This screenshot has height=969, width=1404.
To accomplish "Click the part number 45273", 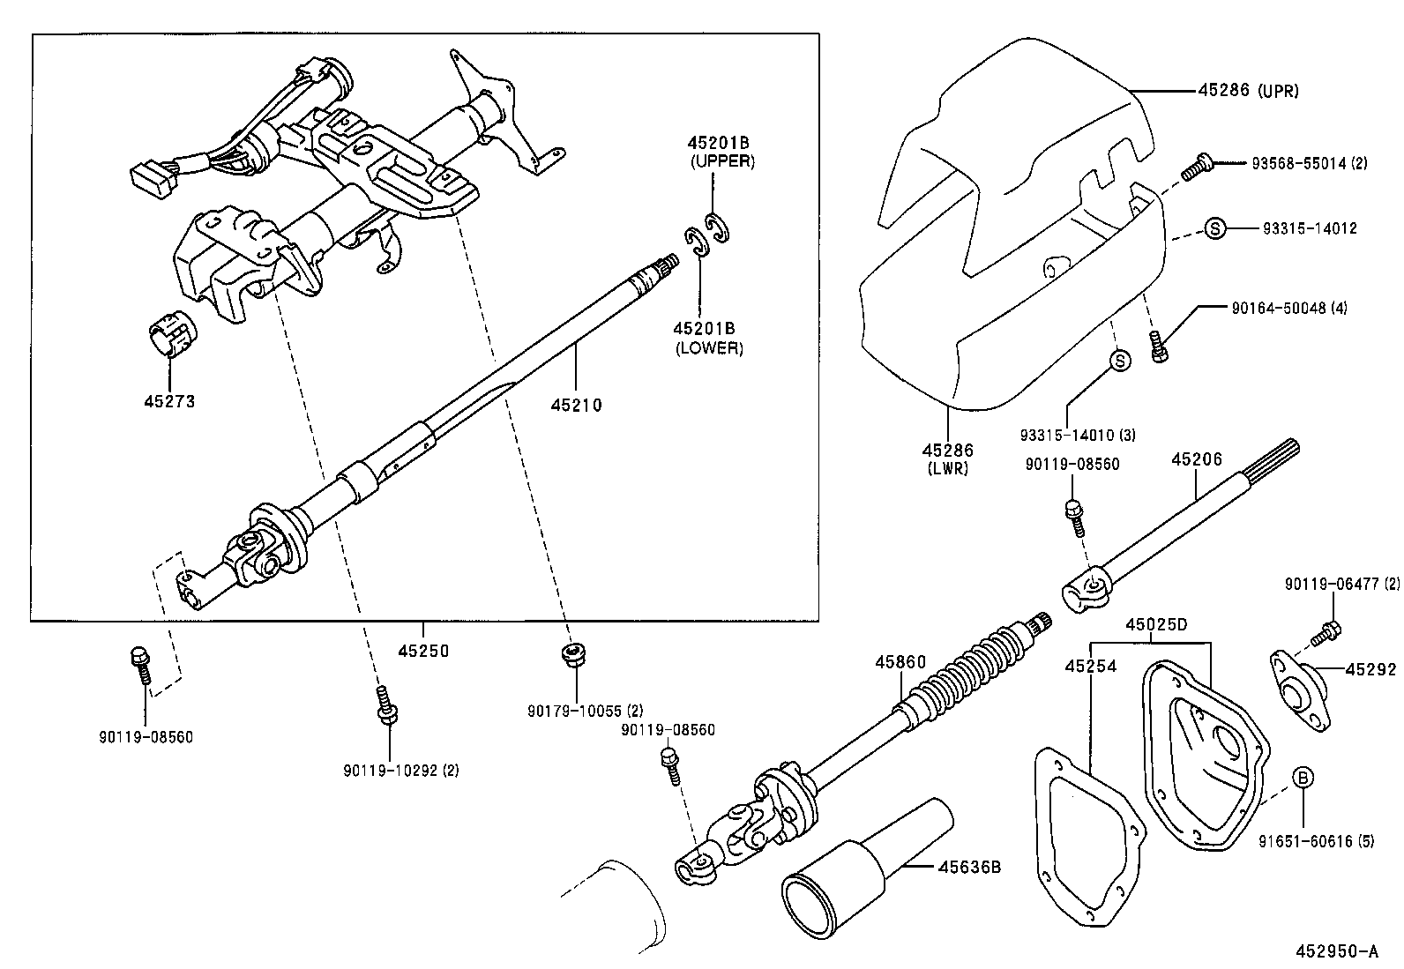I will tap(169, 401).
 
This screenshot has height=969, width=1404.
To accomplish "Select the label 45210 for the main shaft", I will tap(576, 406).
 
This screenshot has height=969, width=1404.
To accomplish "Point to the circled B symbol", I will tap(1303, 778).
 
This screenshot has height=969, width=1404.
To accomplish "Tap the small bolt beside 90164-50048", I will tap(1160, 348).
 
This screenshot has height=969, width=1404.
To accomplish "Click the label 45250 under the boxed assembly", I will tap(422, 652).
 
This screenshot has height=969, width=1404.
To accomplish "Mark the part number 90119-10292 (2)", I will tap(401, 770).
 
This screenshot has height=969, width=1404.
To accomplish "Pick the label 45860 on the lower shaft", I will tap(900, 662).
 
